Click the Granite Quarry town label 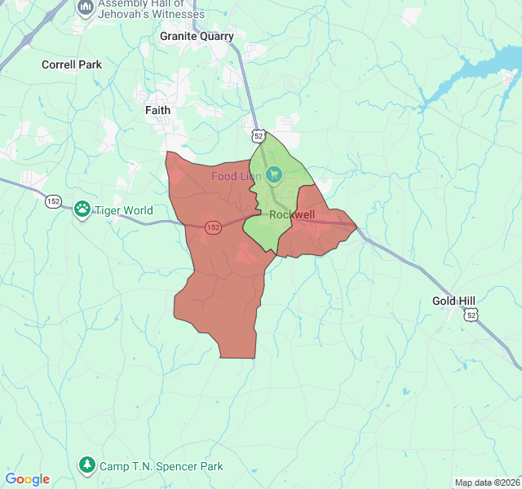pyautogui.click(x=197, y=36)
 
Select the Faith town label pyautogui.click(x=158, y=109)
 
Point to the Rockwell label pyautogui.click(x=292, y=215)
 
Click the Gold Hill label pyautogui.click(x=453, y=301)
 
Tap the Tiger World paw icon pyautogui.click(x=82, y=209)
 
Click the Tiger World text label pyautogui.click(x=124, y=210)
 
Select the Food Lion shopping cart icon pyautogui.click(x=274, y=174)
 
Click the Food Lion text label pyautogui.click(x=236, y=176)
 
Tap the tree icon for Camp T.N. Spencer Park pyautogui.click(x=87, y=465)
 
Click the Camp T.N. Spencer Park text pyautogui.click(x=161, y=466)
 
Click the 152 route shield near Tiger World pyautogui.click(x=54, y=201)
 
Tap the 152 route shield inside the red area pyautogui.click(x=213, y=227)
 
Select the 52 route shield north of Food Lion pyautogui.click(x=258, y=134)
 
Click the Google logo pyautogui.click(x=27, y=479)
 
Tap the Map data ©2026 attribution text pyautogui.click(x=486, y=482)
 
